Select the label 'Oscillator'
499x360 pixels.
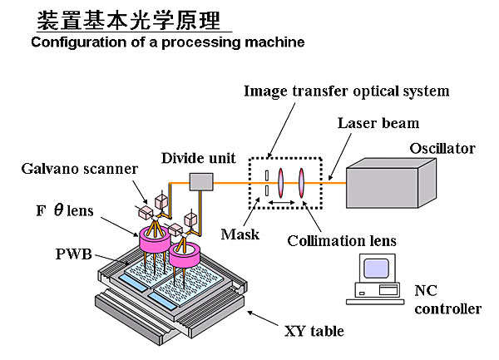[x=442, y=149]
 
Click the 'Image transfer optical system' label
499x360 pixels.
[x=346, y=91]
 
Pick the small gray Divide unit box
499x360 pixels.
[x=201, y=181]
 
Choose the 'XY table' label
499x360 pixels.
[x=314, y=331]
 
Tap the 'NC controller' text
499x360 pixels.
[x=447, y=299]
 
